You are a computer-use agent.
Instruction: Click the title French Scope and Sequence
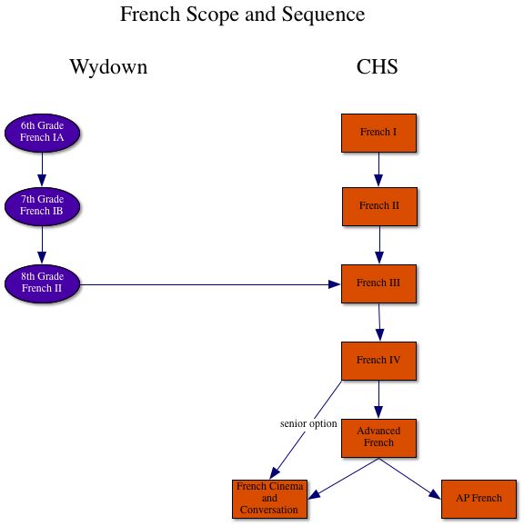(242, 15)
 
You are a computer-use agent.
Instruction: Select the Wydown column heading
(108, 67)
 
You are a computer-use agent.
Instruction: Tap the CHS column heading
(378, 67)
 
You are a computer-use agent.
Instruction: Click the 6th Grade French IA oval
(42, 133)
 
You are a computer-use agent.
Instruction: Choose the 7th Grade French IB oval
(42, 206)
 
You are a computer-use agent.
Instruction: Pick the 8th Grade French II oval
(42, 283)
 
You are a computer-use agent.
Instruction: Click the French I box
(378, 133)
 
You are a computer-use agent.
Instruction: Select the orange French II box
(378, 206)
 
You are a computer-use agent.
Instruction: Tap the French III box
(378, 283)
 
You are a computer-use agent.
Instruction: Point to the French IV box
(378, 361)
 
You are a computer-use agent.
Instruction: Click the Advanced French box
(378, 437)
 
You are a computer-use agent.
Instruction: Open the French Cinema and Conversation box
(269, 499)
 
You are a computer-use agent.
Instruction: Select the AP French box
(479, 499)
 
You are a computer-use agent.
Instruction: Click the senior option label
(308, 424)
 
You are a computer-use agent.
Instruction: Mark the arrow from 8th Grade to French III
(209, 284)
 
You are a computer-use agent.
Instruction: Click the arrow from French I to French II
(378, 170)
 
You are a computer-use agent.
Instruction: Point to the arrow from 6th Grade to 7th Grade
(42, 170)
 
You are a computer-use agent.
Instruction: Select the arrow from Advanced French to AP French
(408, 478)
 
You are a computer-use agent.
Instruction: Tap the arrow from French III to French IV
(378, 323)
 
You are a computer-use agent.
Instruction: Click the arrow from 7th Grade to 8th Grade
(42, 244)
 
